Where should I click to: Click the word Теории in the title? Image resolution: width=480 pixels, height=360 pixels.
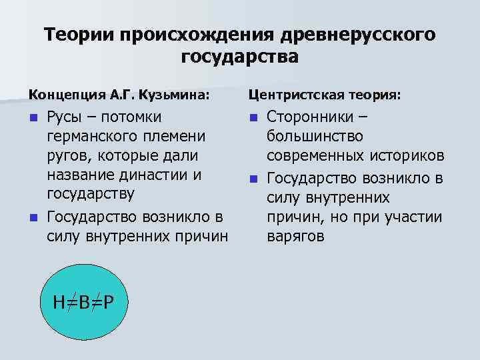tap(79, 34)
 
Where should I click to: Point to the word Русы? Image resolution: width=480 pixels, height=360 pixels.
tap(65, 117)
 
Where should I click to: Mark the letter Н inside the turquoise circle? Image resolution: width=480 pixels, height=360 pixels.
tap(60, 303)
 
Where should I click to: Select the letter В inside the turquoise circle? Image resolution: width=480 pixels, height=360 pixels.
tap(83, 303)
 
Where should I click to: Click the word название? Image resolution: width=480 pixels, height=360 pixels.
tap(77, 175)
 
